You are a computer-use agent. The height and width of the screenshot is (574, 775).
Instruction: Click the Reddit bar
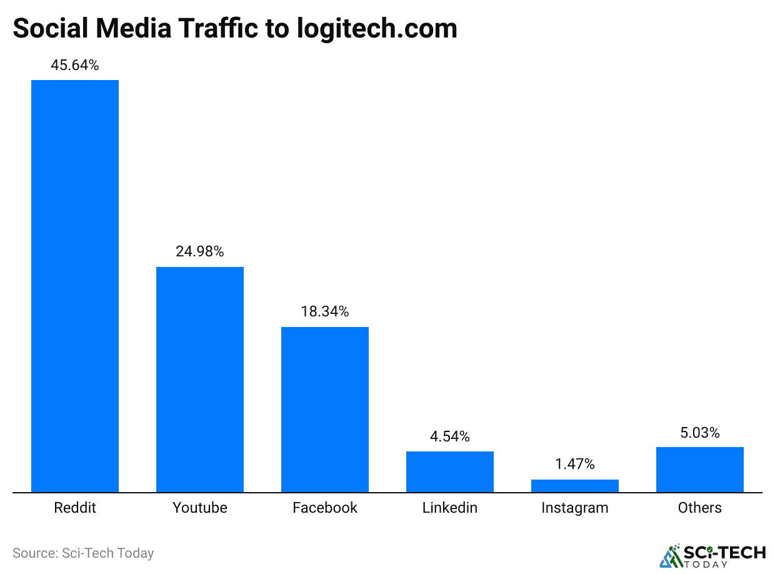point(75,286)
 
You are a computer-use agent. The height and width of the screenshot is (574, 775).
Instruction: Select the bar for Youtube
point(200,380)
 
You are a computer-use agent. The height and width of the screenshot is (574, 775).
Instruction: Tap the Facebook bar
point(325,410)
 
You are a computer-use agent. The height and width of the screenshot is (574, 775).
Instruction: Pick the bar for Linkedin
point(450,471)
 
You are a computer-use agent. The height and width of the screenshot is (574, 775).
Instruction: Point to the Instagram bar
point(575,486)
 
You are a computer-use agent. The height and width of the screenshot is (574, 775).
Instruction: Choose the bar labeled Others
point(700,470)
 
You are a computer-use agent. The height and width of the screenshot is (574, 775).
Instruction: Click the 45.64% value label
point(75,65)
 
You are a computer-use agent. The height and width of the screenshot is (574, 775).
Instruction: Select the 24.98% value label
point(200,252)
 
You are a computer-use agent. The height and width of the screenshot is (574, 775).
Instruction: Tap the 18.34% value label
point(325,311)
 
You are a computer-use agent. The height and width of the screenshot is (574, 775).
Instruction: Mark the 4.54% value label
point(450,436)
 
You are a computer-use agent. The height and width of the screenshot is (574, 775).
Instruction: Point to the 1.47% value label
point(575,464)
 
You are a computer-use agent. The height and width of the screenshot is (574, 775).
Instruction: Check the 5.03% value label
point(700,432)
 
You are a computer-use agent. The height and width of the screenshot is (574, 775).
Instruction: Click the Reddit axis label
point(75,508)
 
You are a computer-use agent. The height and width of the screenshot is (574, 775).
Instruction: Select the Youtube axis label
point(200,508)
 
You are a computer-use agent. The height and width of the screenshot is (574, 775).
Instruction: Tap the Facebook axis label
point(325,508)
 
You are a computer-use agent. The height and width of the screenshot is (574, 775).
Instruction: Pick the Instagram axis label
point(575,508)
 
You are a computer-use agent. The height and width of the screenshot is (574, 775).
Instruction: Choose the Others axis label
point(700,508)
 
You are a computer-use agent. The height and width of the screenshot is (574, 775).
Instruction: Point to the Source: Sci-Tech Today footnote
point(83,553)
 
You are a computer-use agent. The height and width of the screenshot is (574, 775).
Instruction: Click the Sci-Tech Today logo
point(712,555)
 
